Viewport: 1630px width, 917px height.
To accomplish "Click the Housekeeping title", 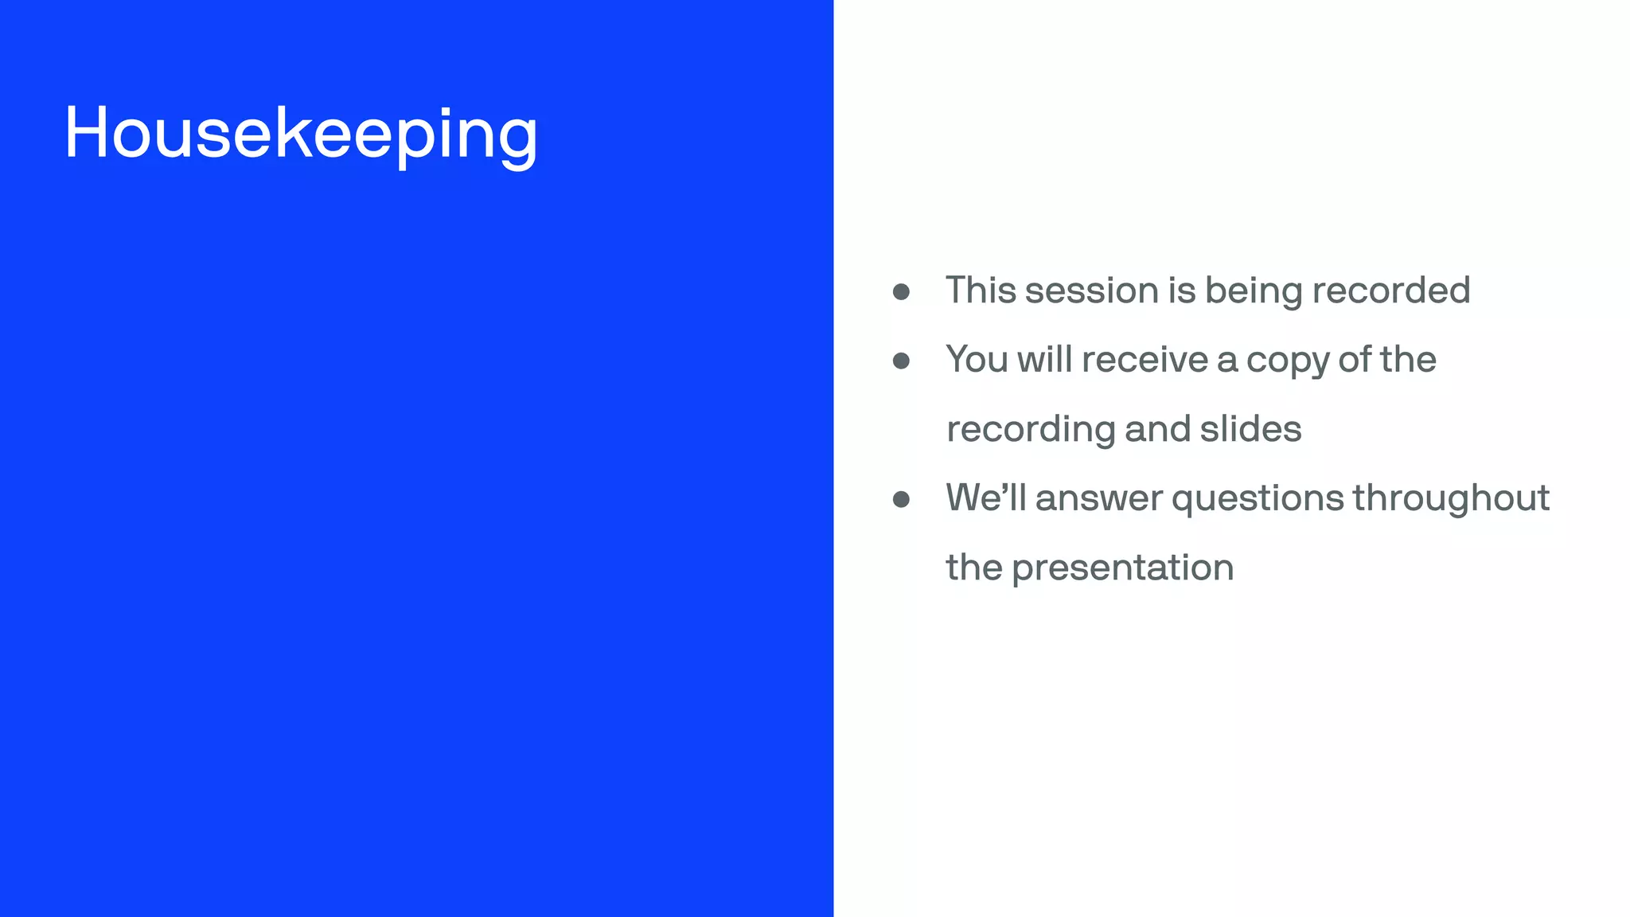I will point(301,134).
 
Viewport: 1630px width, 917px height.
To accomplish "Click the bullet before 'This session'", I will point(901,292).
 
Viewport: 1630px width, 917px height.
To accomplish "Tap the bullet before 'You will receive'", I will point(901,361).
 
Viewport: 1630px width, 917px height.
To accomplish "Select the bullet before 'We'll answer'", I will point(901,500).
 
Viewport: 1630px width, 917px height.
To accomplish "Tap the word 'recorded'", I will point(1390,291).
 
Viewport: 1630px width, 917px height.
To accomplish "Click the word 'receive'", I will point(1145,360).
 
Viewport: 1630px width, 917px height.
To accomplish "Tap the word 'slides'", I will point(1250,429).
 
